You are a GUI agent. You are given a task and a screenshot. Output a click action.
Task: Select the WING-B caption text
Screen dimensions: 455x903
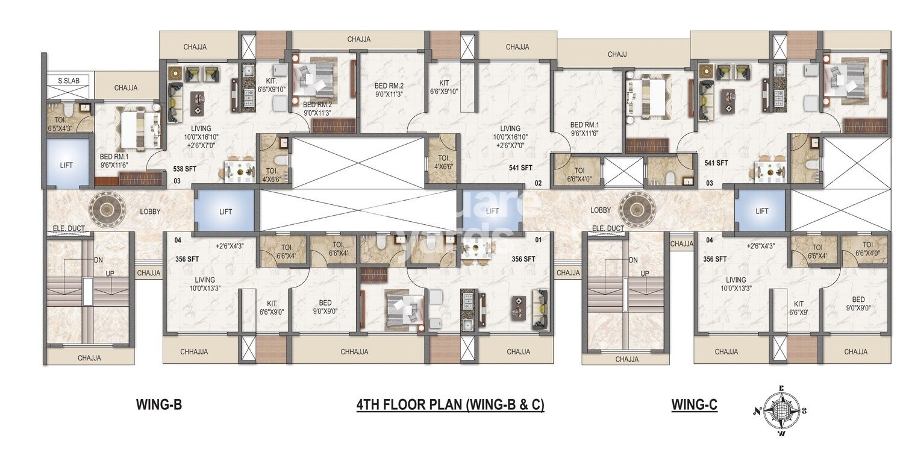[159, 405]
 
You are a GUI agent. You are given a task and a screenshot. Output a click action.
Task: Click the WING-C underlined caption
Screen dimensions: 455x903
[694, 405]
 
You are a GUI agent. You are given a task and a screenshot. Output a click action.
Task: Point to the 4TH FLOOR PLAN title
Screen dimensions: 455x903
[450, 405]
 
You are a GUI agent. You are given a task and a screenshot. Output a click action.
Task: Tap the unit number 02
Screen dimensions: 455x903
[539, 183]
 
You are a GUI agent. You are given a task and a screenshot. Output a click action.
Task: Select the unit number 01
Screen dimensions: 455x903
[539, 240]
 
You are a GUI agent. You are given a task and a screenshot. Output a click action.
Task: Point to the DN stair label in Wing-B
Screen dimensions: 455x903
[98, 260]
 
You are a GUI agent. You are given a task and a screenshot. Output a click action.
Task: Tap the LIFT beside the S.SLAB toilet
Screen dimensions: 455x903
[66, 165]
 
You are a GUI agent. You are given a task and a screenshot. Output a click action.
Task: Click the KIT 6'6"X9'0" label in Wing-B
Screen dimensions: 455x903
[271, 308]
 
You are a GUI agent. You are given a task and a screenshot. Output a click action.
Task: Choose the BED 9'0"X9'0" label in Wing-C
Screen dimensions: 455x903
[858, 304]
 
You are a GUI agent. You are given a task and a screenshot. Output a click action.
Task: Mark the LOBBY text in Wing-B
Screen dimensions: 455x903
[150, 212]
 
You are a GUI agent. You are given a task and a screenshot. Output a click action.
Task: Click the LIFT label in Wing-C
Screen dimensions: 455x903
[761, 211]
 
